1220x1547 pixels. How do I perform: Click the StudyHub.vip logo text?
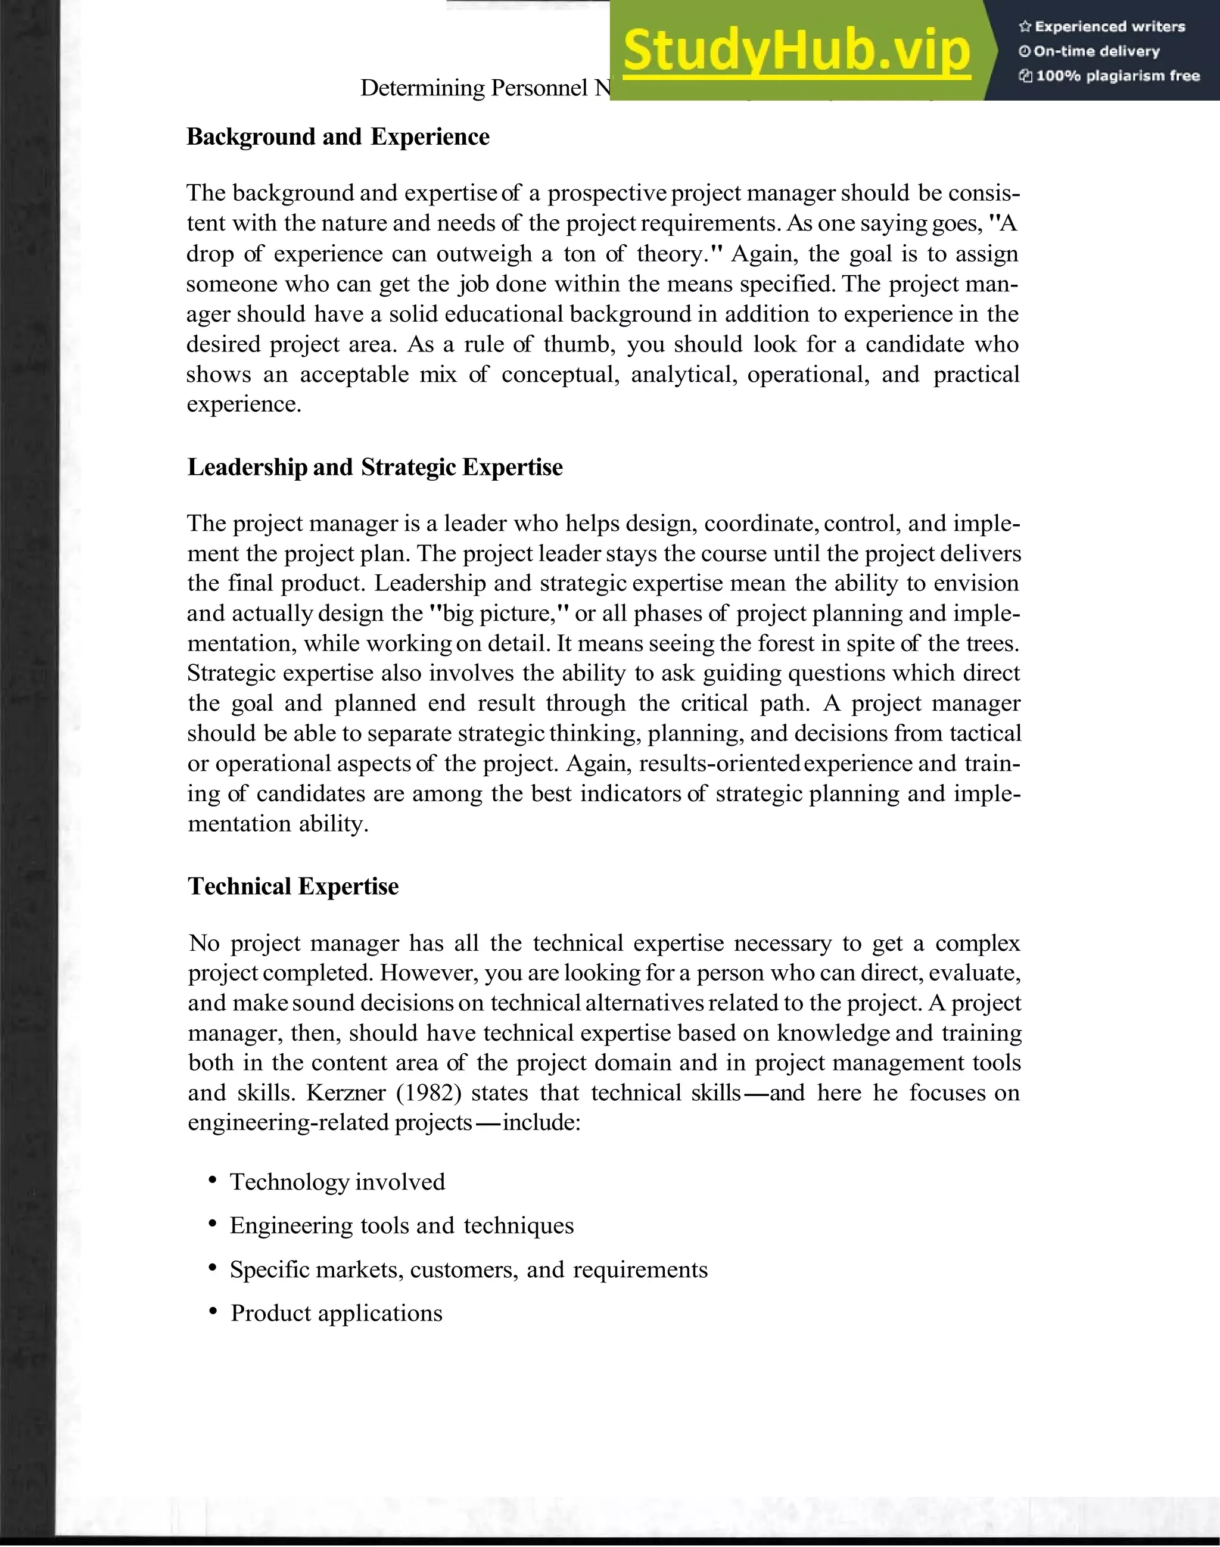click(796, 51)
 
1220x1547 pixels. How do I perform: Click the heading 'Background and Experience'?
click(338, 136)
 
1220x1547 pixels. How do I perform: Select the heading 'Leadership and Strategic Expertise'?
click(375, 467)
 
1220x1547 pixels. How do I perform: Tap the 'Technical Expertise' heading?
click(293, 886)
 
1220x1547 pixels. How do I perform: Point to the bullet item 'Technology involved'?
click(337, 1182)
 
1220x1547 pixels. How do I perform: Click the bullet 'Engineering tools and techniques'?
click(402, 1225)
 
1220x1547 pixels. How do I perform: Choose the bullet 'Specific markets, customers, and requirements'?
click(469, 1270)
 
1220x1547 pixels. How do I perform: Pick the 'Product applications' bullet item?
click(337, 1313)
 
